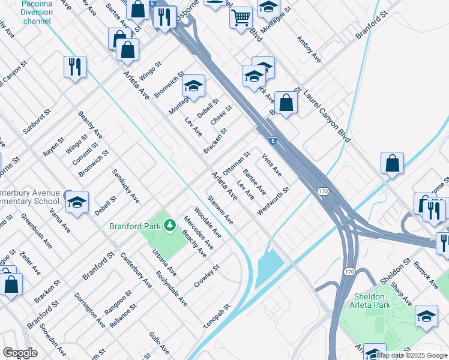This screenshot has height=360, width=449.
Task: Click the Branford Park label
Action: coord(135,226)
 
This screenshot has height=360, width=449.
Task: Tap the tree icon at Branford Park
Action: coord(170,226)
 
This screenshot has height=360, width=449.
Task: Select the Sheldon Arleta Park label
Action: coord(369,301)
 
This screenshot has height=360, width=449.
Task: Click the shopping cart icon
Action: coord(241,16)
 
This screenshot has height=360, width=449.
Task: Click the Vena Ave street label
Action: coord(272,164)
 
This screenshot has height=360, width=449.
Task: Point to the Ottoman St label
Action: coord(236,159)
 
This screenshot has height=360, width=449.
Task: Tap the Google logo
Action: coord(20,353)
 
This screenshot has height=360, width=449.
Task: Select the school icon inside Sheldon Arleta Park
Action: coord(426,316)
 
